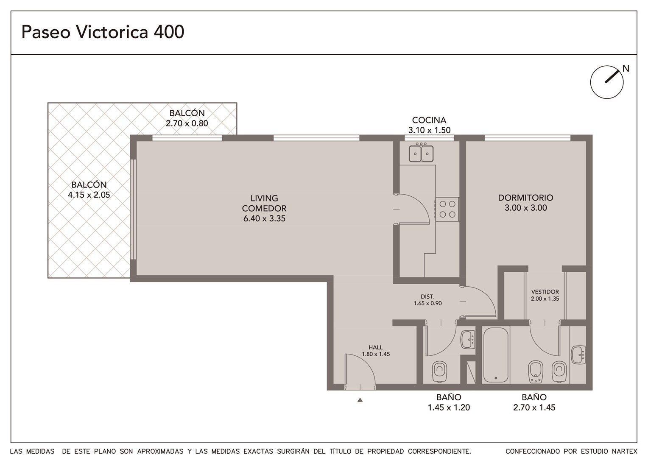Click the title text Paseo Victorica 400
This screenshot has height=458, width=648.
pyautogui.click(x=103, y=32)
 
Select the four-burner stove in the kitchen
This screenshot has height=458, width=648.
pyautogui.click(x=447, y=209)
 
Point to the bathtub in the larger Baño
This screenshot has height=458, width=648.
pyautogui.click(x=496, y=355)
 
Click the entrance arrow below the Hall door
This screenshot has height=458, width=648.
pyautogui.click(x=360, y=400)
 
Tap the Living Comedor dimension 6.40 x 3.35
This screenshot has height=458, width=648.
pyautogui.click(x=264, y=218)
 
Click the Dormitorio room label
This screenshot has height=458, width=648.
pyautogui.click(x=525, y=198)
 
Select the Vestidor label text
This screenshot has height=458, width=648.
pyautogui.click(x=545, y=292)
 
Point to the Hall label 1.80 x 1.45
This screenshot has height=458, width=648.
pyautogui.click(x=376, y=351)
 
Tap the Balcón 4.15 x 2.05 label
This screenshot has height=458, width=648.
pyautogui.click(x=89, y=190)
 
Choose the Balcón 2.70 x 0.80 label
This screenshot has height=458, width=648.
pyautogui.click(x=187, y=118)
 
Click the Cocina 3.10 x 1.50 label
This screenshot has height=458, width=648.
pyautogui.click(x=429, y=125)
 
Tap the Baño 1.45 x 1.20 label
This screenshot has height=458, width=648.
pyautogui.click(x=449, y=402)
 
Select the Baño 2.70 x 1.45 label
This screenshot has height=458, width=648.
pyautogui.click(x=534, y=402)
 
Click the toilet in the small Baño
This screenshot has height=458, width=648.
pyautogui.click(x=440, y=371)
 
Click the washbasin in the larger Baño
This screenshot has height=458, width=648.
pyautogui.click(x=578, y=355)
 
